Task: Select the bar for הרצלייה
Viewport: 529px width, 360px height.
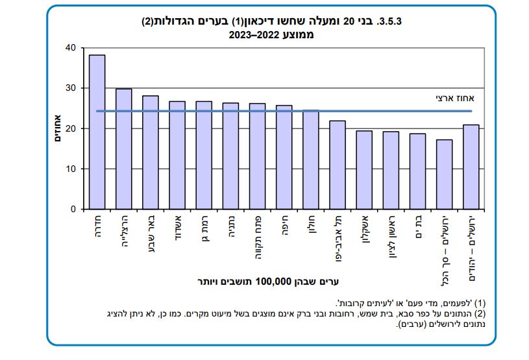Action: [x=124, y=149]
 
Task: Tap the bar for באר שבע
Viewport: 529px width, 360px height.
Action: [x=151, y=152]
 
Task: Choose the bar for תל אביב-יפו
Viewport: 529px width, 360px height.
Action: [x=338, y=165]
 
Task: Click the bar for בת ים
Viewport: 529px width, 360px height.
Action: [x=417, y=171]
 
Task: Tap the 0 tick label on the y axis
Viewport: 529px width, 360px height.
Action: [x=73, y=210]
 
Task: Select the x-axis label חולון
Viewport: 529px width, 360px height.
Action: [x=311, y=228]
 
